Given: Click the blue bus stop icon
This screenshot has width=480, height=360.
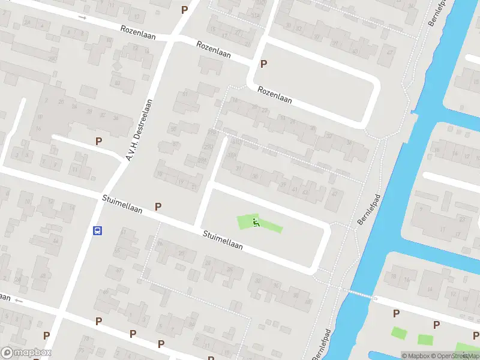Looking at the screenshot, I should (97, 230).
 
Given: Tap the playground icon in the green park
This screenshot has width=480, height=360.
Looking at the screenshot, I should (256, 223).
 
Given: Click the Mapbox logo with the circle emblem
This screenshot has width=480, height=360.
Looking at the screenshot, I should (26, 353).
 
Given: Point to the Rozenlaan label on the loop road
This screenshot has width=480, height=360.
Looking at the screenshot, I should (274, 95).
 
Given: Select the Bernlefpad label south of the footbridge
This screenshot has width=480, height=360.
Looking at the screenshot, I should (322, 344).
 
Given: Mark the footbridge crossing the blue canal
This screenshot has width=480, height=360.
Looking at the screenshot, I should (359, 293).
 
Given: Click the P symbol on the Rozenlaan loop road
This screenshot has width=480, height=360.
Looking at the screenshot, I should (263, 64).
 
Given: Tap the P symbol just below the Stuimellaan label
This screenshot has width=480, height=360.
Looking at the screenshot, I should (158, 206).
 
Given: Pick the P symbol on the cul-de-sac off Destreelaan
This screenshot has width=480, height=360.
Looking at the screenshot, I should (98, 141).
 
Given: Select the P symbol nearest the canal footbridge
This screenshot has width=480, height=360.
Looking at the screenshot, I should (396, 313).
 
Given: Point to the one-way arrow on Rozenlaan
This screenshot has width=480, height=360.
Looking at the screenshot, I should (82, 17).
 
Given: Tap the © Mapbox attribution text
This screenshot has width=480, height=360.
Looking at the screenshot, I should (415, 356).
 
